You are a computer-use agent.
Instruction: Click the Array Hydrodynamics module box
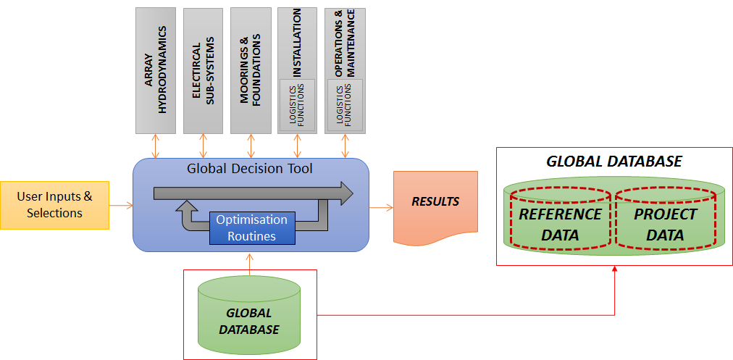[156, 70]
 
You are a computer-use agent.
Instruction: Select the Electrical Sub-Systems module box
[203, 70]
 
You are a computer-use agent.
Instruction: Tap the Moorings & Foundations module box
[251, 70]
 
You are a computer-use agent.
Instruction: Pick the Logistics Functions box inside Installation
[298, 105]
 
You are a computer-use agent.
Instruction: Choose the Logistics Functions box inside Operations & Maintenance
[344, 105]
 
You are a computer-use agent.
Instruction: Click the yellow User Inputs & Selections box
[55, 204]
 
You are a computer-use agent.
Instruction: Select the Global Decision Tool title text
[250, 169]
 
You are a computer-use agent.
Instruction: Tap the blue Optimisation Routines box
[252, 228]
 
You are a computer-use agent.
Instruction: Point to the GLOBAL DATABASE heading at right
[613, 162]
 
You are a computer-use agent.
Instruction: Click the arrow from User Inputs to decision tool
[121, 206]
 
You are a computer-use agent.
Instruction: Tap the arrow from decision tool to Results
[381, 207]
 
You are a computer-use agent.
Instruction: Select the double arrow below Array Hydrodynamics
[156, 146]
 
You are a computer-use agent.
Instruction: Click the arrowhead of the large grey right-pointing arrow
[345, 194]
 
